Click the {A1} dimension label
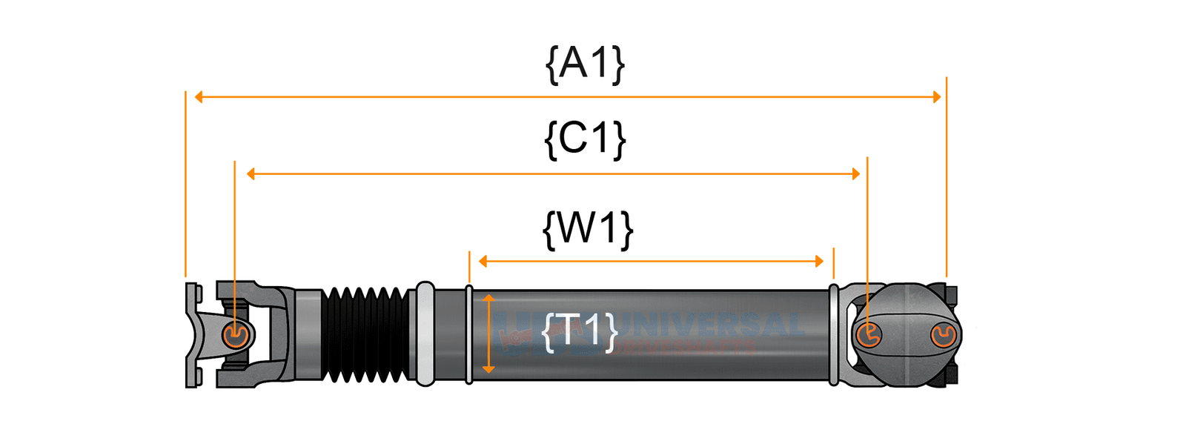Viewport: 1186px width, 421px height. click(585, 64)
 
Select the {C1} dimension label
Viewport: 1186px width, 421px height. click(585, 139)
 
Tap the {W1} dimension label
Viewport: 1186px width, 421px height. click(588, 228)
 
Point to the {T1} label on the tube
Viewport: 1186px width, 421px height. click(580, 331)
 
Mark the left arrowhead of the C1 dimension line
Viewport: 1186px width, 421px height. click(251, 174)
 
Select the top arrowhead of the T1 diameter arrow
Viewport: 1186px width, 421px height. click(488, 298)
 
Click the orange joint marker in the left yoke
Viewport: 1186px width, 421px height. click(236, 335)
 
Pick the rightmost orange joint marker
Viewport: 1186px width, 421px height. click(943, 336)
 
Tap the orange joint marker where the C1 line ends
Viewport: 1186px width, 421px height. click(869, 335)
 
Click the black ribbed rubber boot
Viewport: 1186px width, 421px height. click(366, 334)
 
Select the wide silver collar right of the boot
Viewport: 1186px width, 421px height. click(425, 334)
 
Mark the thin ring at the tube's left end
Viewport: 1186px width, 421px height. click(468, 334)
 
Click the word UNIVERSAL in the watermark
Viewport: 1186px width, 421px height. click(712, 324)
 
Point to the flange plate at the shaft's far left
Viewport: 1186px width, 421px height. click(191, 334)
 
